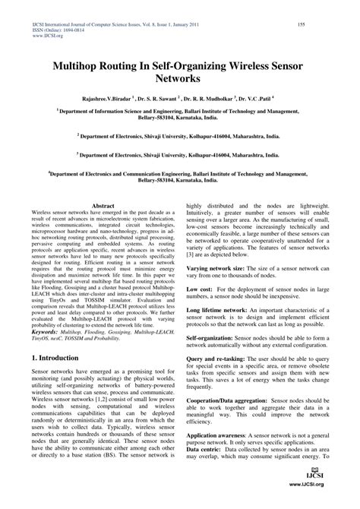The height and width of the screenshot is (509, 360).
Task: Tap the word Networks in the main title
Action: (x=179, y=79)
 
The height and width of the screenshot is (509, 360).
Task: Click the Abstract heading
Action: (x=103, y=206)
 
